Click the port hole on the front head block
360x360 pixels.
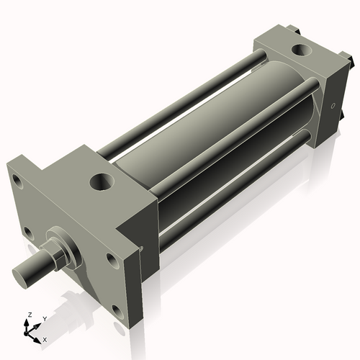click(x=102, y=180)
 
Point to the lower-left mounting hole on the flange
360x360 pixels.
click(x=27, y=232)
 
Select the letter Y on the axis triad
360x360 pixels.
click(x=45, y=318)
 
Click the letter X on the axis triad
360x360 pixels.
click(x=45, y=338)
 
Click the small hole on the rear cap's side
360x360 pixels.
click(x=333, y=105)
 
